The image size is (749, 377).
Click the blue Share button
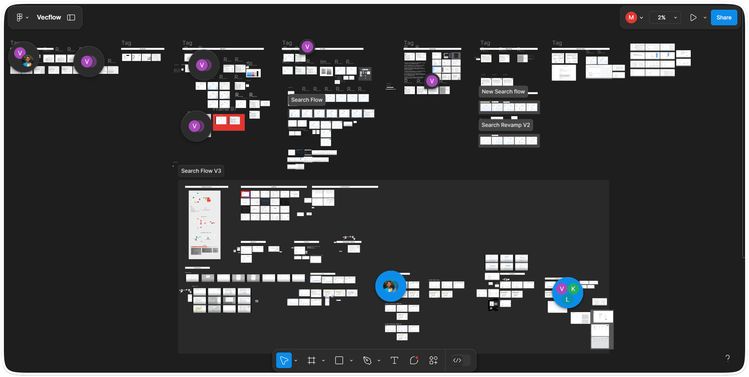[723, 17]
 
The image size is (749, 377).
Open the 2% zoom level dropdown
[665, 17]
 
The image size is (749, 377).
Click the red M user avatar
[631, 17]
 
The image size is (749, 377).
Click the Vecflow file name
[49, 17]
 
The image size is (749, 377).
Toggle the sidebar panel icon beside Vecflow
[71, 17]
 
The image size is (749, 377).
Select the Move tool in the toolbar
[284, 360]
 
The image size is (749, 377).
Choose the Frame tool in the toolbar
[311, 360]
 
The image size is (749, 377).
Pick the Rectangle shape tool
[339, 360]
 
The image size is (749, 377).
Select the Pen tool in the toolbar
[367, 360]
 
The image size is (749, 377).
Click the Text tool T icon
[394, 360]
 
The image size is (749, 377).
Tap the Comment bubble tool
[414, 360]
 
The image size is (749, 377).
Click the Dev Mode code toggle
[457, 360]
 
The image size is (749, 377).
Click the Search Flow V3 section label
[201, 171]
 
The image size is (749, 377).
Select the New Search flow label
[503, 92]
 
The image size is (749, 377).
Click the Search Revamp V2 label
[505, 125]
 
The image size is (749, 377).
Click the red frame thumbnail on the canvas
[228, 122]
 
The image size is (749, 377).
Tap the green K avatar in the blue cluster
[573, 289]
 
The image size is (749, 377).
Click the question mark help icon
[727, 358]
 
